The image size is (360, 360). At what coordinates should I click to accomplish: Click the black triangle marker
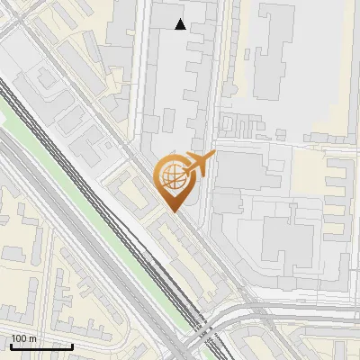tap(181, 24)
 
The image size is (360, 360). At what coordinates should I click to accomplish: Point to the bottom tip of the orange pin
tap(172, 211)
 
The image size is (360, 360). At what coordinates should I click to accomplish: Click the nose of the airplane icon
tap(213, 156)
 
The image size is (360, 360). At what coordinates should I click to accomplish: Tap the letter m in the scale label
tap(33, 338)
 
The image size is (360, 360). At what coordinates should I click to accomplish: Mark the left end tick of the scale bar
tap(11, 346)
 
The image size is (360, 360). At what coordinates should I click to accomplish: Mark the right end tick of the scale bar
tap(72, 346)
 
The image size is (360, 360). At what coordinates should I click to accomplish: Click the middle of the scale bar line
tap(41, 346)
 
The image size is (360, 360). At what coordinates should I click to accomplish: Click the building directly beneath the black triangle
tap(181, 54)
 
